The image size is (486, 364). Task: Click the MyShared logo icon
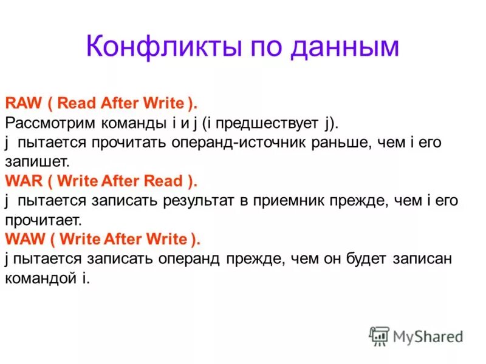tap(378, 336)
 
